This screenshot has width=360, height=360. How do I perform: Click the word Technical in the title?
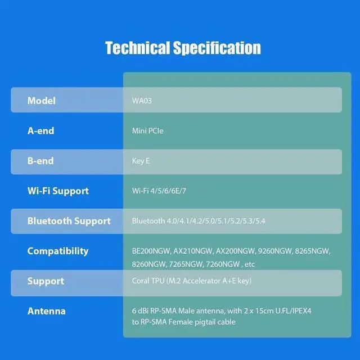point(137,48)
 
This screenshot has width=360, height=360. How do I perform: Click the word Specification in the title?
point(217,48)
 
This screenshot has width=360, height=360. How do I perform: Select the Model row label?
point(42,101)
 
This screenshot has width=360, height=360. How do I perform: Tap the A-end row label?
point(40,130)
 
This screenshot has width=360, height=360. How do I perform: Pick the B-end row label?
point(40,161)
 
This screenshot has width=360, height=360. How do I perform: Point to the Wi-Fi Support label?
point(58,191)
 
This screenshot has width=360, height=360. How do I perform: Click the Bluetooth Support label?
point(69,221)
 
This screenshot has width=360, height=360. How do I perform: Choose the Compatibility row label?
point(58,251)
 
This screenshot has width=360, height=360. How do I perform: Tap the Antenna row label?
point(47,311)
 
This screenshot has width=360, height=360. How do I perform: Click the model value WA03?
point(142,101)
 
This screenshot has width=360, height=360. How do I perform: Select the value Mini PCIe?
point(148,131)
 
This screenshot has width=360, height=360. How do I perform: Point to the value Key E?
point(141,161)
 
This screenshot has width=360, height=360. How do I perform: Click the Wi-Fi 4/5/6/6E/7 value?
point(159,191)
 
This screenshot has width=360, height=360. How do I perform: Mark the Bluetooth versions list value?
point(199,221)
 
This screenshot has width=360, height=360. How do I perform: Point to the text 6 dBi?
point(140,310)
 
